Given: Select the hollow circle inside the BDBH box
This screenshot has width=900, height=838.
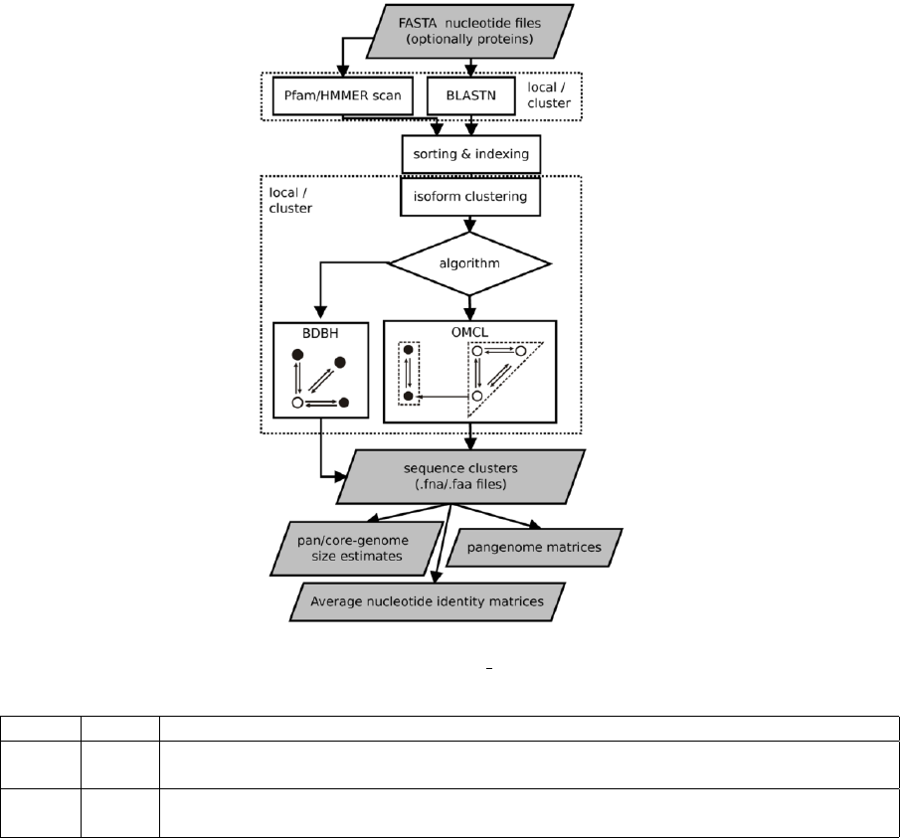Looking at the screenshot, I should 296,402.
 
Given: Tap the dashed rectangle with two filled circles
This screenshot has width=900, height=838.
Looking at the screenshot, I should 407,374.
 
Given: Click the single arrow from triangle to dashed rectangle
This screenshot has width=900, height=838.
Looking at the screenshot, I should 443,397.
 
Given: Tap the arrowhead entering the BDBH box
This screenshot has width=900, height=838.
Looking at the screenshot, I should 320,313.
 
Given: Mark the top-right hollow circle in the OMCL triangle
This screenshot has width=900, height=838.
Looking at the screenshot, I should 520,352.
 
